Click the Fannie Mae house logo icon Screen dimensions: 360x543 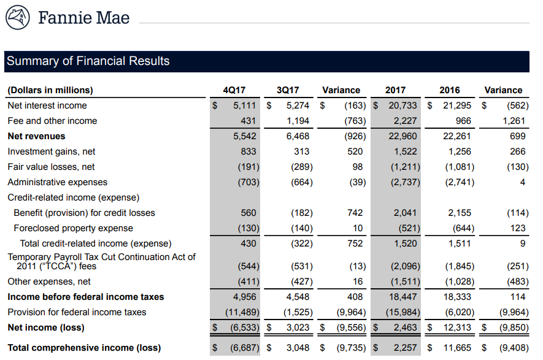coord(18,17)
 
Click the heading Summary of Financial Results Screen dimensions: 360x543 coord(88,61)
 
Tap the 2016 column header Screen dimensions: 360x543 coord(450,90)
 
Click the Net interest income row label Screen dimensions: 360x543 coord(47,105)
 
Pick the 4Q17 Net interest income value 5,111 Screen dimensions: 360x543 coord(244,105)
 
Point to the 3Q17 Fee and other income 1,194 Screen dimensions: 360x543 coord(298,121)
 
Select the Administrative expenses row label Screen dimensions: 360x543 coord(57,182)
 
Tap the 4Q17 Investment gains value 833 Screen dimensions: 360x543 coord(248,151)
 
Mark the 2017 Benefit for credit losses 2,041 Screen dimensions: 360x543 coord(405,213)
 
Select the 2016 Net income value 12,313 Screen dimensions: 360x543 coord(456,327)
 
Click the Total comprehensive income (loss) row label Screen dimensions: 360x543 coord(84,348)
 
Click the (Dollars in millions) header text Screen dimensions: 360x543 coord(50,90)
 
